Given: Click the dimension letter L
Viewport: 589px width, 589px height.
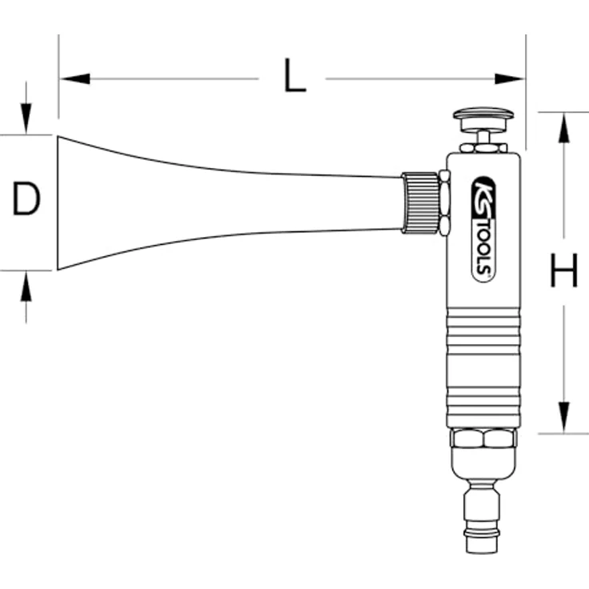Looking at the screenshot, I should [x=294, y=78].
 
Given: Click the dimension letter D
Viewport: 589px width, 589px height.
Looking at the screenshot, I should [x=26, y=200].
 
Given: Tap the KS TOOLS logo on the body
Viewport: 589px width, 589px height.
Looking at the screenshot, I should [x=483, y=228].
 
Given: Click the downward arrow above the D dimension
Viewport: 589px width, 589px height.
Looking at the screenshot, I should [x=26, y=120].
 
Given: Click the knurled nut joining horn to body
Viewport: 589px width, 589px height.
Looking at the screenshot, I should [x=419, y=202].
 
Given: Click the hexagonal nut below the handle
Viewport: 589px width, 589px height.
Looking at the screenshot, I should [x=483, y=439].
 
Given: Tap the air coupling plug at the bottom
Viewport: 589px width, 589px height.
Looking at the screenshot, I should [x=483, y=516].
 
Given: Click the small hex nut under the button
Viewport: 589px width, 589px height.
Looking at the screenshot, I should [x=483, y=147].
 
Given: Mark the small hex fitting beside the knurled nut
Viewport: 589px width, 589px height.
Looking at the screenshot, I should [x=444, y=202].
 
